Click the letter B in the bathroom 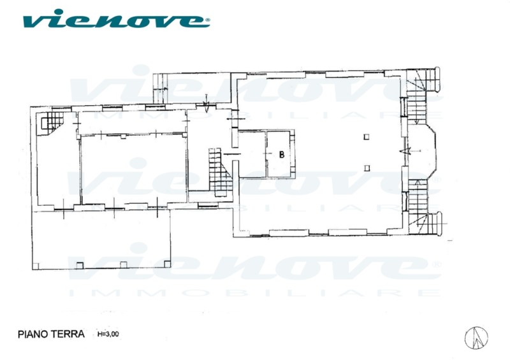(282, 154)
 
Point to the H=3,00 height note (108, 334)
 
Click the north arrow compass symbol (476, 338)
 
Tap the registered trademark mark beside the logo (208, 20)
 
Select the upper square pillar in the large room (366, 137)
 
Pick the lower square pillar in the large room (367, 168)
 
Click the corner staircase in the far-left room (50, 123)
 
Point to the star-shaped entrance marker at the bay (405, 151)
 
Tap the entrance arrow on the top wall (206, 103)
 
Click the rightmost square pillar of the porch (167, 264)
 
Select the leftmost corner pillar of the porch (36, 266)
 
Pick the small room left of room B (252, 154)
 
